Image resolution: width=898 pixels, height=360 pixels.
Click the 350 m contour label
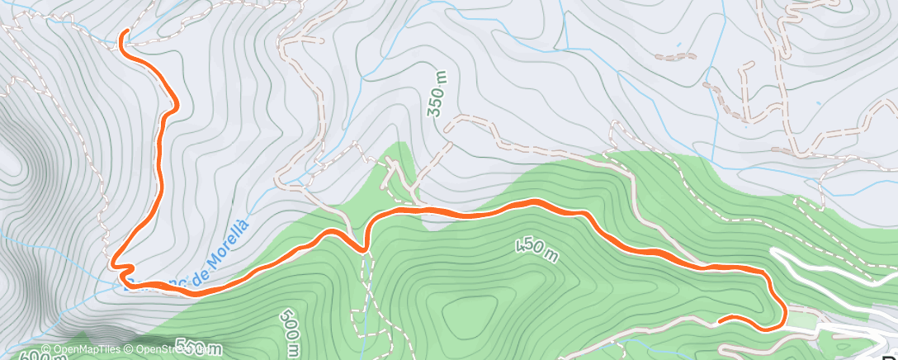[439, 94]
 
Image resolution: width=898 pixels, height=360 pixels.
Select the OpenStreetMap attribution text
[166, 349]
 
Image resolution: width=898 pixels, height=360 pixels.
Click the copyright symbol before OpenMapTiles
[46, 349]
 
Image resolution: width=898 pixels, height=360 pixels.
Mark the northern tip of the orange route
[123, 33]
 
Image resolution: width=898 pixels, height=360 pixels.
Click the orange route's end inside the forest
[720, 320]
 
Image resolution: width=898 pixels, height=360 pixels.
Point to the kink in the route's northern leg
[175, 105]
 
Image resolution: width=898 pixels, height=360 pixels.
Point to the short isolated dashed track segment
[675, 56]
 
